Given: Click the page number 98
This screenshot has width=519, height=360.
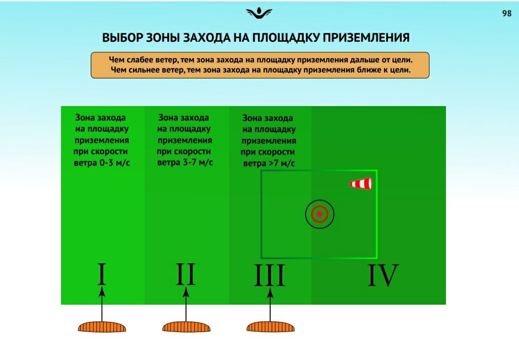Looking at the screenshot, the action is (507, 13).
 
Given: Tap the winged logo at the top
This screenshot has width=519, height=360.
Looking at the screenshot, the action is (259, 13).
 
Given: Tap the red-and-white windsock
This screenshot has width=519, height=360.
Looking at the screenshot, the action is (360, 184).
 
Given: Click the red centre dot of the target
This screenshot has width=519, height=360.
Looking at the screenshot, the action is (320, 214).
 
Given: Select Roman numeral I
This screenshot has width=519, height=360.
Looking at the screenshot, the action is (102, 274).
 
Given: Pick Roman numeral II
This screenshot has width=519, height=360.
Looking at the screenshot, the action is (185, 274).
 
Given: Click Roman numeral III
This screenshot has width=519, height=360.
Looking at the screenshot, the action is (270, 275).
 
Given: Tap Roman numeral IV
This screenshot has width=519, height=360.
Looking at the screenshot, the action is (383, 275).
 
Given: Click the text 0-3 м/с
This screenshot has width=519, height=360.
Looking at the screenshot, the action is (114, 163).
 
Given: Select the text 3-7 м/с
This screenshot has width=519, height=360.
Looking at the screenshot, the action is (198, 162).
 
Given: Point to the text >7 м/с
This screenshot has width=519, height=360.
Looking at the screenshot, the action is (283, 163).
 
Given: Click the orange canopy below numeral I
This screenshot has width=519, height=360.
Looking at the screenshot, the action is (102, 327).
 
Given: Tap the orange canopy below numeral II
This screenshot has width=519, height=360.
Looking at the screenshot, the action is (186, 327).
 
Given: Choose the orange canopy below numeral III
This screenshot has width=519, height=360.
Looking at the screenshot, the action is (271, 327).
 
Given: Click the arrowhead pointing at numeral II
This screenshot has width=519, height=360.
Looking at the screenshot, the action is (186, 292).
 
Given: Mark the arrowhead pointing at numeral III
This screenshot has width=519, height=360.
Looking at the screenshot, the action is (270, 292).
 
